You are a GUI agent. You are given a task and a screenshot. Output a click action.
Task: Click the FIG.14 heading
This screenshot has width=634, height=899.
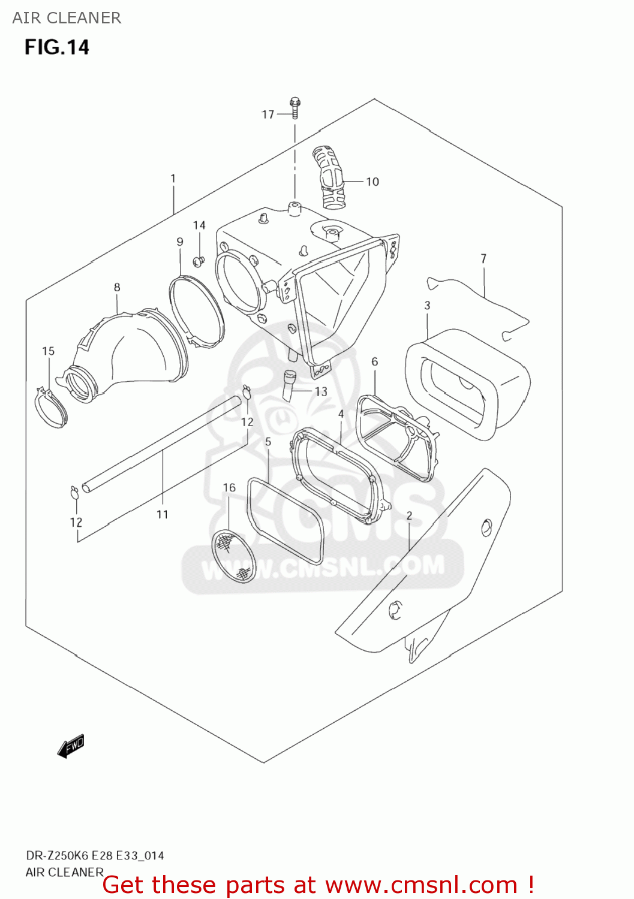[x=56, y=47]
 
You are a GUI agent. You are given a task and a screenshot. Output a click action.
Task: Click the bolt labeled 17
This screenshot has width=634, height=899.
[x=295, y=108]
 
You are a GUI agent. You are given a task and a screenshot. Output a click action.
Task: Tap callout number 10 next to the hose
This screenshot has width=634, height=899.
[x=372, y=182]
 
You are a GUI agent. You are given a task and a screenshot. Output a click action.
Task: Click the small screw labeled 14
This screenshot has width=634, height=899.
[x=198, y=261]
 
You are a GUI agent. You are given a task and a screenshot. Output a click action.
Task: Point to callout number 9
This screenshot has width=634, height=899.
[x=180, y=242]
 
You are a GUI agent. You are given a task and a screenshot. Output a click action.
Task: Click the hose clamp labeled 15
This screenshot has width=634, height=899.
[x=50, y=406]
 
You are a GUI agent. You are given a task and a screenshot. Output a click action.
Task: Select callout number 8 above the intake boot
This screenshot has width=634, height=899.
[x=117, y=287]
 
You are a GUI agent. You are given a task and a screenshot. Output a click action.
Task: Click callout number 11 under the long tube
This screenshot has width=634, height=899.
[x=162, y=514]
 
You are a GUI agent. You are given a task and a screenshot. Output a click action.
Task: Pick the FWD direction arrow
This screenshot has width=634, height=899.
[x=71, y=746]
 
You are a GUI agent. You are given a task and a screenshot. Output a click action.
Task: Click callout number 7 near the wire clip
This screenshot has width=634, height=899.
[x=483, y=258]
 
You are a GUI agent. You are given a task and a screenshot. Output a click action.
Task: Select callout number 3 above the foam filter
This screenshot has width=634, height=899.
[x=427, y=305]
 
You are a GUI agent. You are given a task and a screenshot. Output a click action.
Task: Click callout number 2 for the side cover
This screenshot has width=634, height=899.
[x=409, y=515]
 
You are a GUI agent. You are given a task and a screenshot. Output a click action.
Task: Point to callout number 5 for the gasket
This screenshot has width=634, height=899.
[x=268, y=442]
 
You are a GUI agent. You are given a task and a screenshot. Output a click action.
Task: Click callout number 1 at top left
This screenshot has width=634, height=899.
[x=173, y=178]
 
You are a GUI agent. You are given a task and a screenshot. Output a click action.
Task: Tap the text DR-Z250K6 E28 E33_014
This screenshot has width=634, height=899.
[x=94, y=855]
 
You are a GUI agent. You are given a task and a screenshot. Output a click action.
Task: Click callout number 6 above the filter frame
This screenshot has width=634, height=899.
[x=374, y=361]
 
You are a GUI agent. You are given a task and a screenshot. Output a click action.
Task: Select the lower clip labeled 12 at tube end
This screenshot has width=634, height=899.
[x=74, y=493]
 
